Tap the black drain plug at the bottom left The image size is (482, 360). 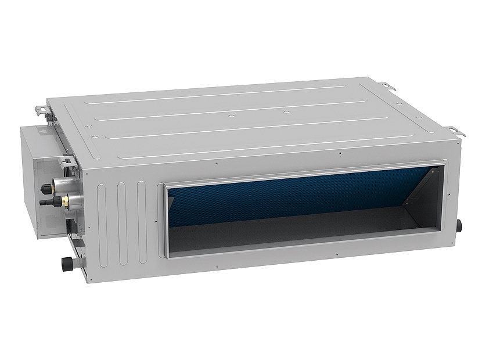[x=65, y=262]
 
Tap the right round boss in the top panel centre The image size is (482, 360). [x=285, y=110]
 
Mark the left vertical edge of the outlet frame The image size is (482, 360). [x=166, y=221]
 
